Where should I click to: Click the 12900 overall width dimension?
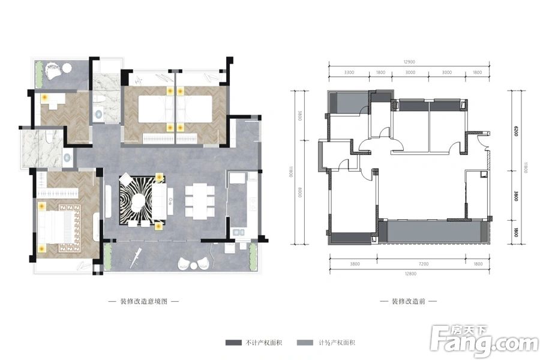(x=409, y=62)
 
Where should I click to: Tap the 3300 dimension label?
(x=350, y=73)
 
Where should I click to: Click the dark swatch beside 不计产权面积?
(x=233, y=343)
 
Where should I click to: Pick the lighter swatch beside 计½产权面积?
(x=304, y=343)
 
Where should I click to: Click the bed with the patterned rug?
(x=58, y=227)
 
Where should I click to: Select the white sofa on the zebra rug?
(x=161, y=200)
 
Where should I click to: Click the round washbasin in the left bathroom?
(x=67, y=158)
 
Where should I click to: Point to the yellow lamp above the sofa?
(x=159, y=177)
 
